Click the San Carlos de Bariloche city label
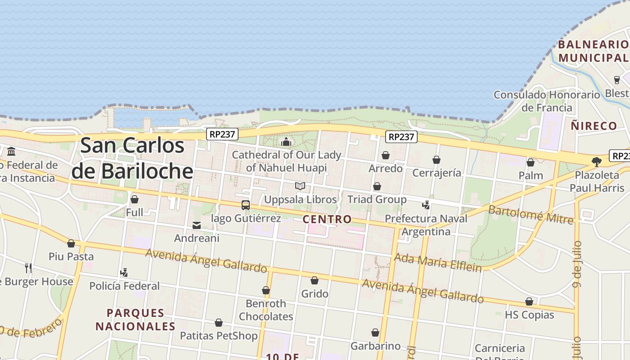click(133, 158)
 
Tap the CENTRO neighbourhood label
click(327, 220)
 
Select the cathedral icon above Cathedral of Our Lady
click(286, 142)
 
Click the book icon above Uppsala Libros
click(300, 186)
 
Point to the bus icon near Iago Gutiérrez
click(246, 205)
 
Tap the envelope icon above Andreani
click(197, 225)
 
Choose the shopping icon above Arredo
click(386, 156)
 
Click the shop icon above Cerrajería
click(436, 160)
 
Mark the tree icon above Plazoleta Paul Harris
click(597, 162)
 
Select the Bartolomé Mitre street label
click(531, 214)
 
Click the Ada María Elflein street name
click(438, 262)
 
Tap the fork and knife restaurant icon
click(28, 268)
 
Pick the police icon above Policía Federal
click(124, 273)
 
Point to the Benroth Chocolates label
click(266, 310)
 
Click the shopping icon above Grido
click(315, 281)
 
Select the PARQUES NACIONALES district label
click(135, 319)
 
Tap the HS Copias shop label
click(529, 315)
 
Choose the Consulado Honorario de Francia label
click(547, 101)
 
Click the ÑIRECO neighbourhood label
click(594, 126)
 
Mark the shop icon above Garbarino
click(375, 333)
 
